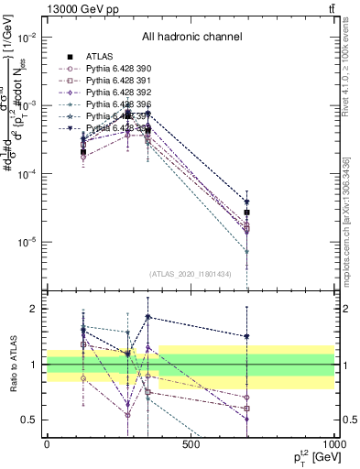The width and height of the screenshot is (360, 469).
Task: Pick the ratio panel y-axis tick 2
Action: (33, 310)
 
